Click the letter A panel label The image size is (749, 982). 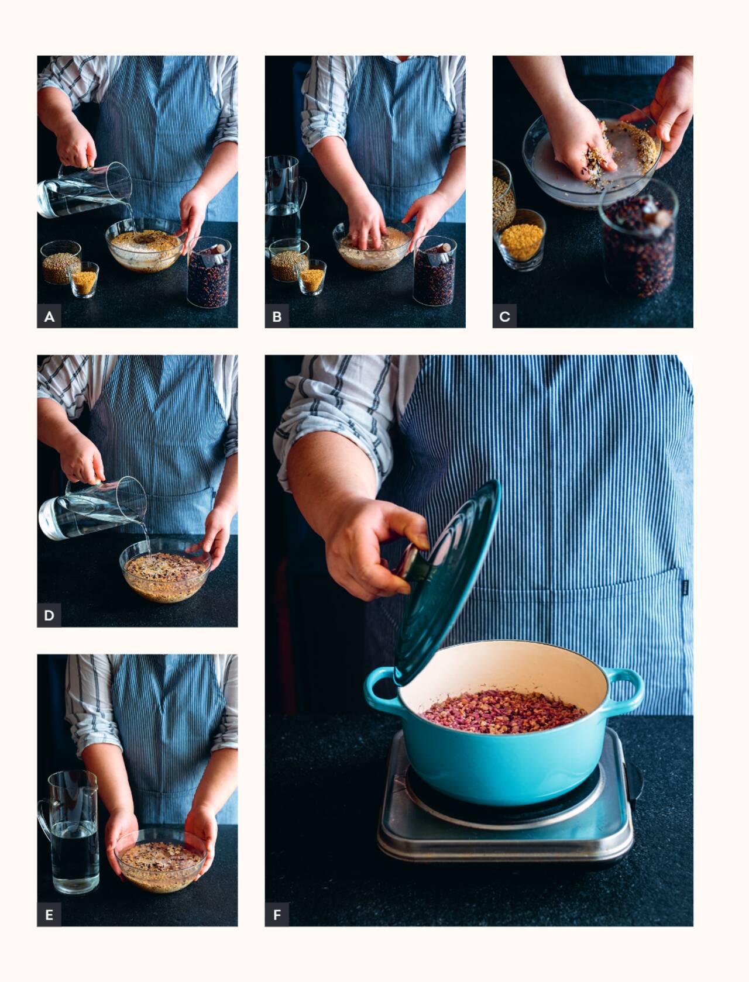tap(49, 316)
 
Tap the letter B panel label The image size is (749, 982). tap(277, 316)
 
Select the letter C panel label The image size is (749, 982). tap(505, 316)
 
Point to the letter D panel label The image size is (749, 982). tap(49, 616)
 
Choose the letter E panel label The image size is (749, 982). tap(49, 915)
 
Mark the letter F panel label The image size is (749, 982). tap(277, 915)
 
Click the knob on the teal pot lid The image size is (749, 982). tap(413, 563)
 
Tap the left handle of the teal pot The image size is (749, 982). tap(379, 690)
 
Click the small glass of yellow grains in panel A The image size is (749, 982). tap(84, 280)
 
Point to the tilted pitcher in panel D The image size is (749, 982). tap(92, 509)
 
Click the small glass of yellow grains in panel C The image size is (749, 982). tap(521, 240)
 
